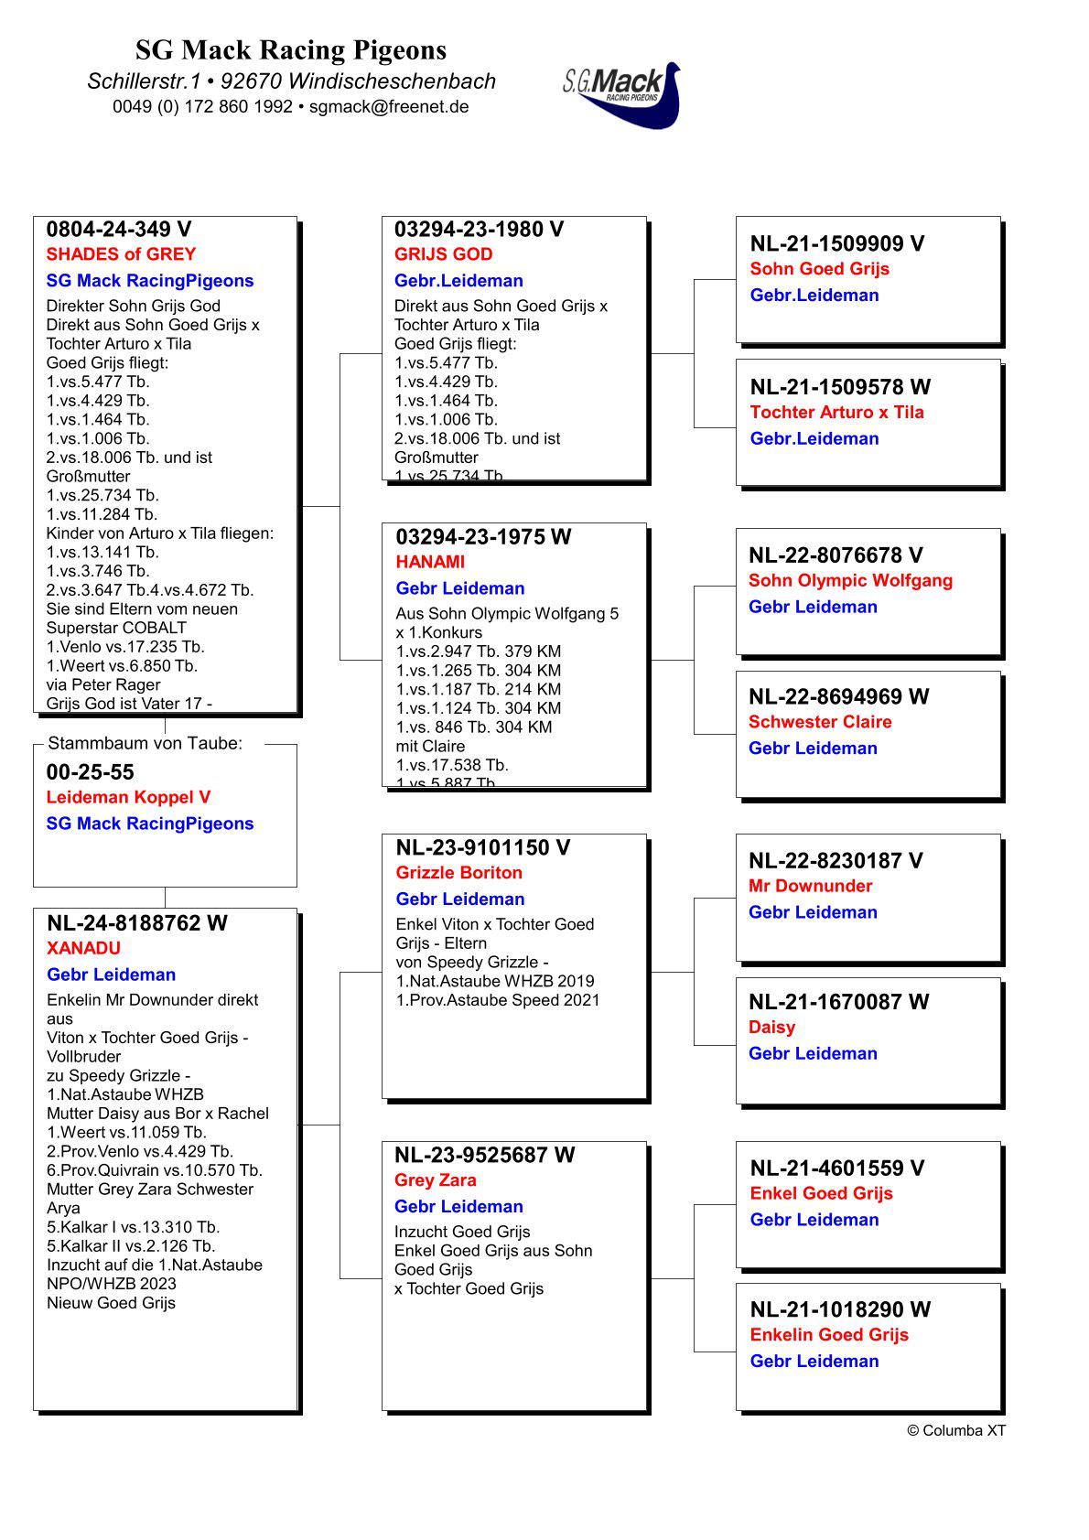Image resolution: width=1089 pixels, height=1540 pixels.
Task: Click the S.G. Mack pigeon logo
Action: (x=623, y=94)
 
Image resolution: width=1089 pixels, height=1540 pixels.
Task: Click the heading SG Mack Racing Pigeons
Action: (x=291, y=49)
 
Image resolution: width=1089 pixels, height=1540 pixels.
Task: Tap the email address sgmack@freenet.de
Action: (x=389, y=106)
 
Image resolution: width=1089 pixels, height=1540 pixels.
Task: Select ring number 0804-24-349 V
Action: (x=119, y=229)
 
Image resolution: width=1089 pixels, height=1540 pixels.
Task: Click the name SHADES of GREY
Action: (x=121, y=254)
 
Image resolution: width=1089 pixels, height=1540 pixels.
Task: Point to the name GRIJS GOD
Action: (x=443, y=254)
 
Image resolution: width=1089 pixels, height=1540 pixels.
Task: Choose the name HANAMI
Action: (x=430, y=562)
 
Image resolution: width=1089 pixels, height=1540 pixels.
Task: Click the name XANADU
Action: (x=83, y=948)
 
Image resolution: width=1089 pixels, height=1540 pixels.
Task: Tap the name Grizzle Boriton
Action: (x=458, y=873)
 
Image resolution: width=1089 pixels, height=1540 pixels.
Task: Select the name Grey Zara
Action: (x=435, y=1180)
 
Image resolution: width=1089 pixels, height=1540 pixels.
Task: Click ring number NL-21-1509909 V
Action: (x=836, y=243)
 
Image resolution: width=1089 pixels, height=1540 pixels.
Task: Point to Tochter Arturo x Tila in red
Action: (x=836, y=413)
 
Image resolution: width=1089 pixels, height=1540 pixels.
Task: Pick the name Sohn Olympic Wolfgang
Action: (x=850, y=581)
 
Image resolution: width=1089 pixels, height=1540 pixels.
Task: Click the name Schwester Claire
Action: (x=819, y=722)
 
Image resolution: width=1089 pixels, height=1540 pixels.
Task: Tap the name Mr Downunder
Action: (x=810, y=886)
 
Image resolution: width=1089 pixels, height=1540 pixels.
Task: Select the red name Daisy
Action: (x=771, y=1028)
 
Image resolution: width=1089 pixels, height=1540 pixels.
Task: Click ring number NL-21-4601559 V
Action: (x=836, y=1168)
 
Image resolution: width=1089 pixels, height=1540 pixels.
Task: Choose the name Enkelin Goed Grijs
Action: (x=828, y=1335)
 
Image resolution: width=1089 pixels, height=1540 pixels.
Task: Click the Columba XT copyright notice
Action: (x=955, y=1431)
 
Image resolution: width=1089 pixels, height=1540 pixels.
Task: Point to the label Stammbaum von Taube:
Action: (x=145, y=743)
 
